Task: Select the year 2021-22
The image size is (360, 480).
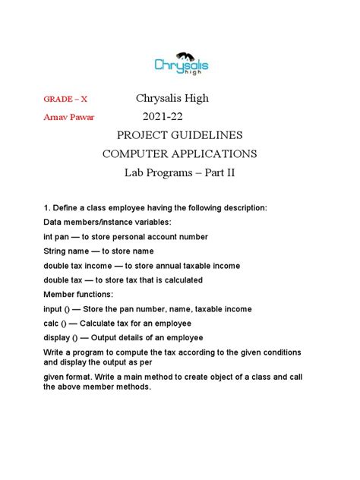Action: click(163, 117)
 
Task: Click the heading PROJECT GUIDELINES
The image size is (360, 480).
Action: click(180, 135)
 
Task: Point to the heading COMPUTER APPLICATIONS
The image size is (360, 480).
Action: click(180, 154)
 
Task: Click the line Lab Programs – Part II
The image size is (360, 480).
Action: click(180, 173)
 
